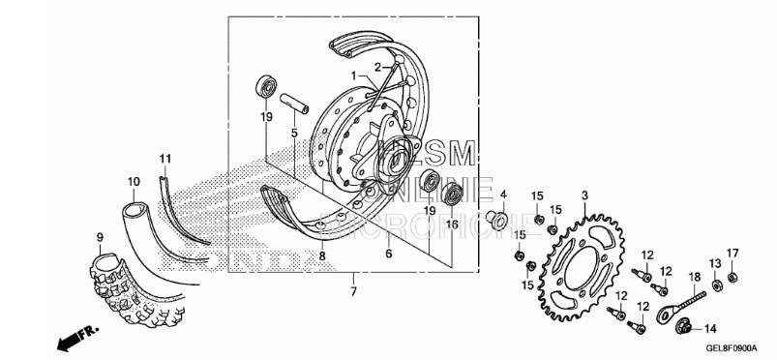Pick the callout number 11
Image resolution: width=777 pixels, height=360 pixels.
click(x=165, y=158)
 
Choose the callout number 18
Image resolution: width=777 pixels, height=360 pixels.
click(x=694, y=278)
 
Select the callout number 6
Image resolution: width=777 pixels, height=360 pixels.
click(x=388, y=254)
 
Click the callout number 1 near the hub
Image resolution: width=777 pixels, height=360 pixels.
click(x=355, y=75)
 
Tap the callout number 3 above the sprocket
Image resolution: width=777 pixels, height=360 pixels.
click(x=583, y=195)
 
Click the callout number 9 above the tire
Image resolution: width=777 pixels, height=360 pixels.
click(x=99, y=237)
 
